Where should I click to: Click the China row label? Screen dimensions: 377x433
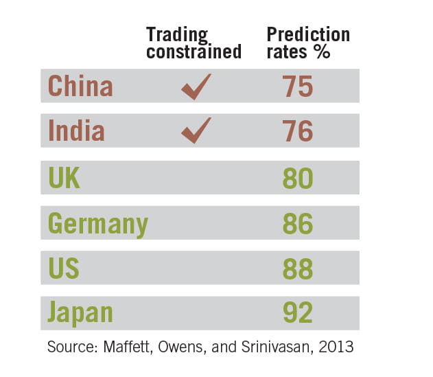(x=80, y=87)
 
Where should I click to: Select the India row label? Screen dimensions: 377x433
(x=75, y=130)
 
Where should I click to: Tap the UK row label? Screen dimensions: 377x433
(x=65, y=178)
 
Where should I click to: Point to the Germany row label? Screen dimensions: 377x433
(x=97, y=224)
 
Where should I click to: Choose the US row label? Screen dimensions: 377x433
(x=64, y=268)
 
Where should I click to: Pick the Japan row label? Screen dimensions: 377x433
(x=80, y=313)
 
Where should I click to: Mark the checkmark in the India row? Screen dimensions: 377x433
(x=196, y=130)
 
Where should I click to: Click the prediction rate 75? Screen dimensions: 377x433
(x=298, y=87)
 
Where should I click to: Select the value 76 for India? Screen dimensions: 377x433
(x=298, y=130)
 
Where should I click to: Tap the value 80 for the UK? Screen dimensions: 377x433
(x=298, y=178)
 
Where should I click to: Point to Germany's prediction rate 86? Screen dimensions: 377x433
(x=298, y=224)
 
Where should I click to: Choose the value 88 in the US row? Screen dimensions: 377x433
(x=298, y=268)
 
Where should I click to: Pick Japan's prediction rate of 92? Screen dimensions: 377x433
(x=298, y=313)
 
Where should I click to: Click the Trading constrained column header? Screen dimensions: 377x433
(x=194, y=43)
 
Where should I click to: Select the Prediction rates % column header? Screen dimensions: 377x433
(x=308, y=43)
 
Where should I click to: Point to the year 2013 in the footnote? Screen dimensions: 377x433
(x=337, y=347)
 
